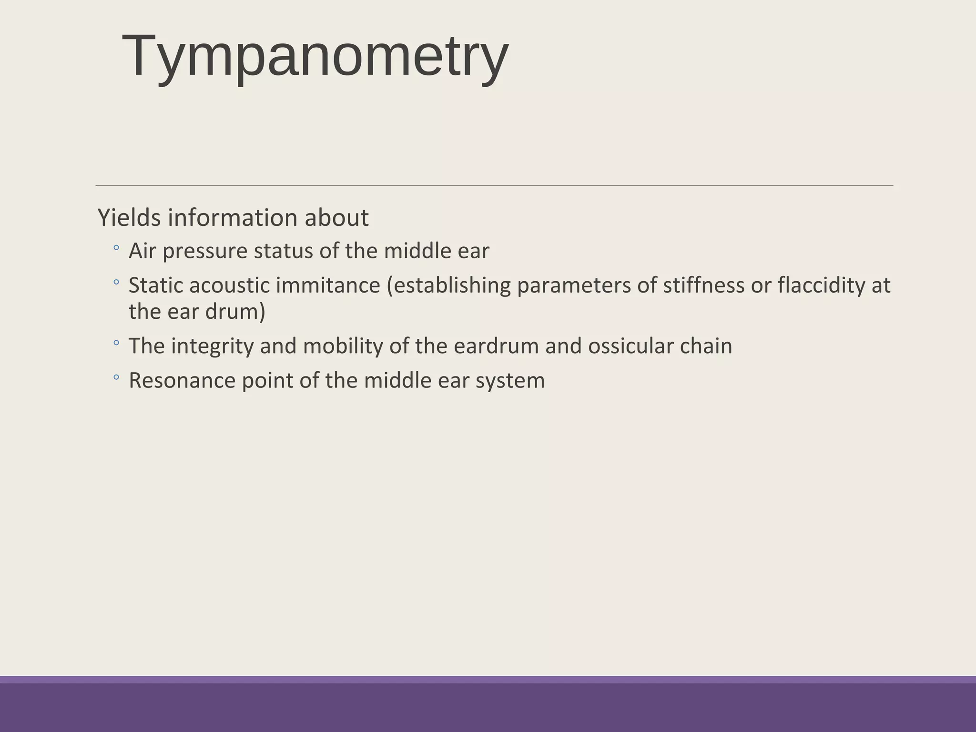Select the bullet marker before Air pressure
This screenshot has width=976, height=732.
point(116,248)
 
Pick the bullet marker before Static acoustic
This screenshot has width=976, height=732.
point(116,282)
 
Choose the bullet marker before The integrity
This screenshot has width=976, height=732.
point(116,343)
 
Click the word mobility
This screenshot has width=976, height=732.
point(343,346)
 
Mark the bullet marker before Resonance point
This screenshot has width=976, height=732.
point(116,377)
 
